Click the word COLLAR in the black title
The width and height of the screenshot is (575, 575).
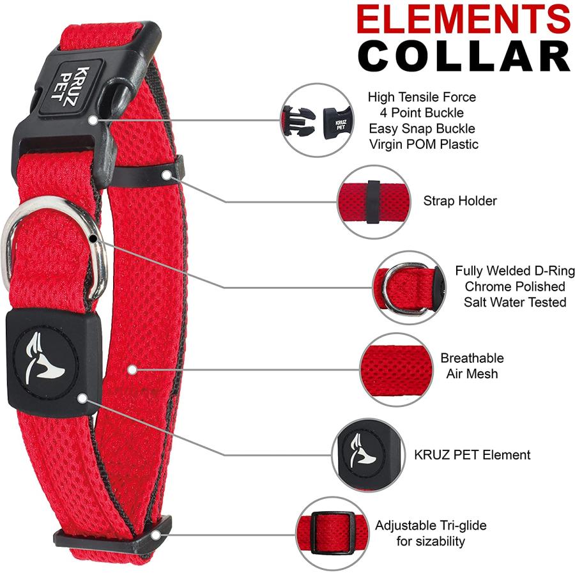click(x=464, y=56)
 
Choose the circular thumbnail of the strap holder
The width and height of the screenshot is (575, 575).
click(x=372, y=201)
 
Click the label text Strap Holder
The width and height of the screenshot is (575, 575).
click(x=460, y=201)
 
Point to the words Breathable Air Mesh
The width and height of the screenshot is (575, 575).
click(x=471, y=365)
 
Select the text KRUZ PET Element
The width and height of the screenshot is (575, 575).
click(x=472, y=455)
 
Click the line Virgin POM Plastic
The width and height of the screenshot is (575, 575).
click(x=423, y=144)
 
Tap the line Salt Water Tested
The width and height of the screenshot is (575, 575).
click(x=515, y=302)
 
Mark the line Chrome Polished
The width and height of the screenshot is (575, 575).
click(x=515, y=286)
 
